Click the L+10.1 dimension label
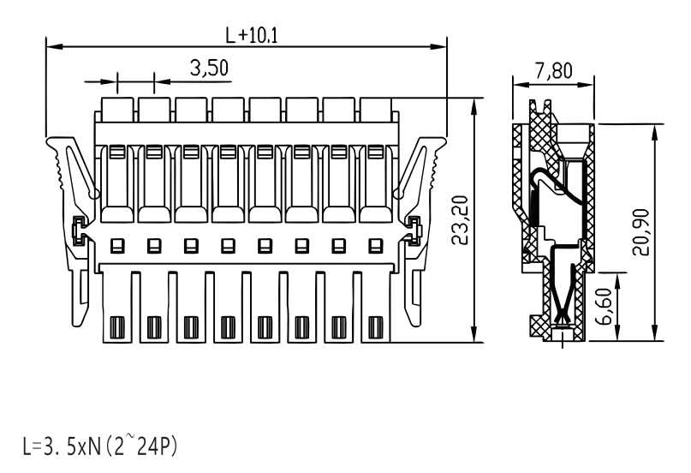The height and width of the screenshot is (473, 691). click(252, 35)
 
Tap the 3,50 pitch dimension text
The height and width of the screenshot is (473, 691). click(209, 69)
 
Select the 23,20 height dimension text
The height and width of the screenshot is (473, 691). click(460, 220)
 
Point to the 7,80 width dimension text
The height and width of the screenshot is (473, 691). click(554, 70)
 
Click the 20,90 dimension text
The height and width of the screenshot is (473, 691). click(640, 232)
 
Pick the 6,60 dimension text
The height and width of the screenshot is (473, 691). click(604, 306)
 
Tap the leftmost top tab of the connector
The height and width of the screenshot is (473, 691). click(117, 110)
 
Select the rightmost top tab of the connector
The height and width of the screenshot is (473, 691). click(376, 110)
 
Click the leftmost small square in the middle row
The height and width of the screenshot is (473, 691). click(117, 246)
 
